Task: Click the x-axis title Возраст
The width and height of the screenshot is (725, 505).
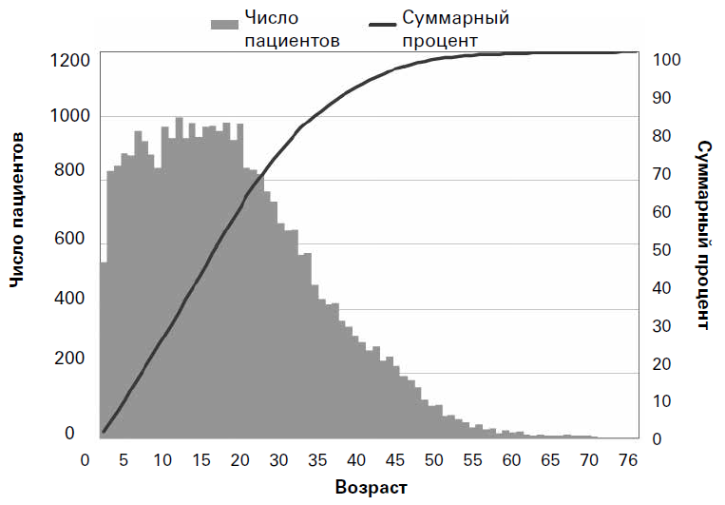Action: [371, 488]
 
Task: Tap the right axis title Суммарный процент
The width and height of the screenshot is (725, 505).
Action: [704, 235]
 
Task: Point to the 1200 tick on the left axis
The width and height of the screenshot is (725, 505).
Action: [68, 60]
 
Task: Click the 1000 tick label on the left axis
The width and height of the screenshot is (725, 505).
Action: [68, 117]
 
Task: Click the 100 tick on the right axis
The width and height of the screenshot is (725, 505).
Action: [668, 60]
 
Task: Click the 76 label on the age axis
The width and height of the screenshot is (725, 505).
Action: [627, 460]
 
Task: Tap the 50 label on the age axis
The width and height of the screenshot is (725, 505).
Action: [434, 460]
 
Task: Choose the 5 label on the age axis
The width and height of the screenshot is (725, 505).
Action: [123, 460]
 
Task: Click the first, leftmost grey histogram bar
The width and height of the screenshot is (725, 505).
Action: [103, 352]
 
